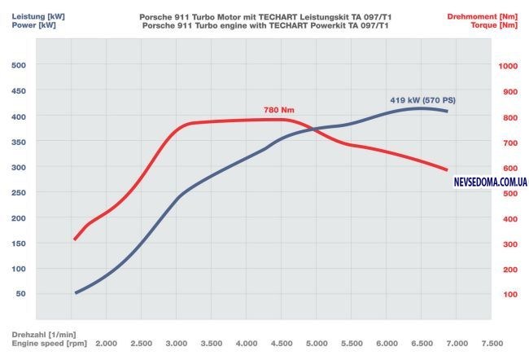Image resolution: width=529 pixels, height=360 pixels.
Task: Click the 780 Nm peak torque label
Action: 278,109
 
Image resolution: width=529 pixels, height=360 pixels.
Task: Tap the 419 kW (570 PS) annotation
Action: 422,100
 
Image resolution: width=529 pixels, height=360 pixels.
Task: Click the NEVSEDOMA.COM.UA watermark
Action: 491,182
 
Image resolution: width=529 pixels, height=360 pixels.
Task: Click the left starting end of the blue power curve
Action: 75,293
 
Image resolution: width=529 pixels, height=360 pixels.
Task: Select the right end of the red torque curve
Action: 448,170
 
